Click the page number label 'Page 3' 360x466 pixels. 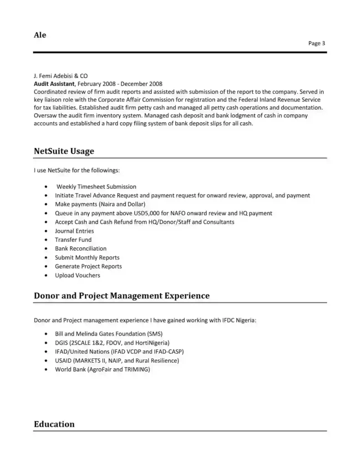click(316, 44)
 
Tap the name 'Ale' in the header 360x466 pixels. click(40, 35)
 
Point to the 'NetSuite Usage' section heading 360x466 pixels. click(64, 151)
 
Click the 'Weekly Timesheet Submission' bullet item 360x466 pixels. click(96, 187)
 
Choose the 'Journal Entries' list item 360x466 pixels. click(74, 231)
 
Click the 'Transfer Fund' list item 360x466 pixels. click(73, 240)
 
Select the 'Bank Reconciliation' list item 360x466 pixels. click(81, 248)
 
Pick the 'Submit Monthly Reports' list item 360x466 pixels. click(87, 258)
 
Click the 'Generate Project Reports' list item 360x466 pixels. click(88, 266)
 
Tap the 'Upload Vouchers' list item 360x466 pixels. click(77, 275)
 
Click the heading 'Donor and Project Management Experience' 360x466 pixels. click(122, 296)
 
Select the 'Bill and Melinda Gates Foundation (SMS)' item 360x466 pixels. click(108, 334)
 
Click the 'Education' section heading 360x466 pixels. click(54, 424)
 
